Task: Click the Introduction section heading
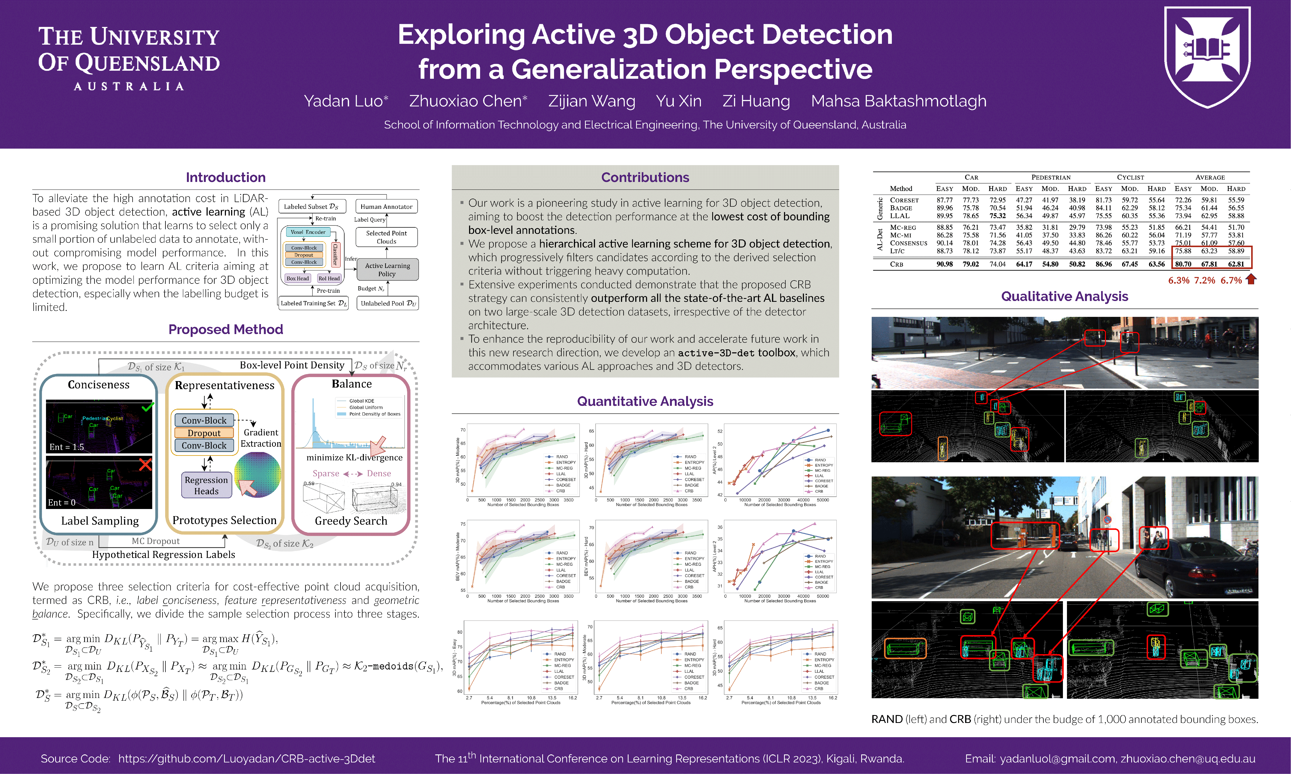(x=225, y=177)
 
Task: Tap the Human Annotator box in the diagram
(x=386, y=207)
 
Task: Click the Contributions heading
(x=645, y=177)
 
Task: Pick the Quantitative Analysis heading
(x=645, y=401)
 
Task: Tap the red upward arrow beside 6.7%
(x=1251, y=279)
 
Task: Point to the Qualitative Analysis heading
(x=1065, y=296)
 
